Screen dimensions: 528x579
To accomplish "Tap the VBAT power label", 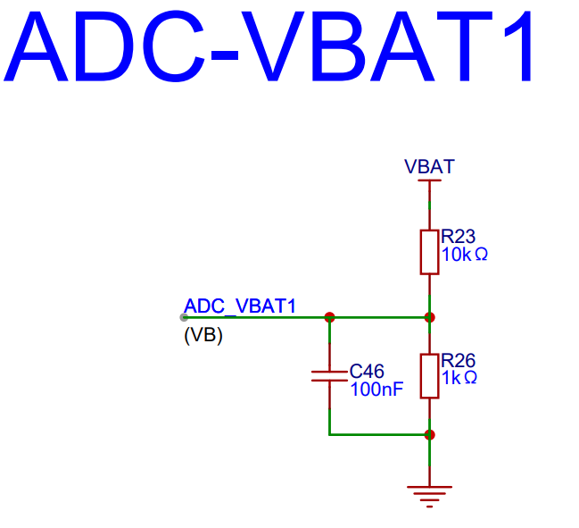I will [x=429, y=167].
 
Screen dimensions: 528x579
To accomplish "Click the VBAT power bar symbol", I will [x=429, y=181].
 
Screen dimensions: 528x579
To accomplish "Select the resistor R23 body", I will [x=429, y=251].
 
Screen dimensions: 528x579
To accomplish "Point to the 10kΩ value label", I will [x=464, y=255].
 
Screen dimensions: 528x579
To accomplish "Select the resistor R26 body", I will [x=429, y=375].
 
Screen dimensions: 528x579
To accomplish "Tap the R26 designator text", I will [x=459, y=361].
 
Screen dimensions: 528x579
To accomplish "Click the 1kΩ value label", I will [x=459, y=378].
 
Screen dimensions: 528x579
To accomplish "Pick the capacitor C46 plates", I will [x=329, y=375].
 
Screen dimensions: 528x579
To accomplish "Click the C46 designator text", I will [x=367, y=371].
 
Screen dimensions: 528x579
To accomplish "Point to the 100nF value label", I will [x=376, y=390].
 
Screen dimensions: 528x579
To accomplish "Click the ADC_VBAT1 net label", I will [x=239, y=306].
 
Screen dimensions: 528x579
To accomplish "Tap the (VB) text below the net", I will [x=203, y=336].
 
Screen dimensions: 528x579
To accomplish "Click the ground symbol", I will [x=429, y=494].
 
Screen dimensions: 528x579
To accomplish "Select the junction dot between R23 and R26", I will [x=429, y=316].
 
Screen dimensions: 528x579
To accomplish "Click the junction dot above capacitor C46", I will [x=329, y=316].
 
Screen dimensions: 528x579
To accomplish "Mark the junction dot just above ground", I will [x=429, y=435].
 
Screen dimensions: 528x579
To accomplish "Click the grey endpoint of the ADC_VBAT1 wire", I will [x=184, y=316].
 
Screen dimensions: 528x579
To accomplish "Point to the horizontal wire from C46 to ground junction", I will [x=379, y=435].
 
